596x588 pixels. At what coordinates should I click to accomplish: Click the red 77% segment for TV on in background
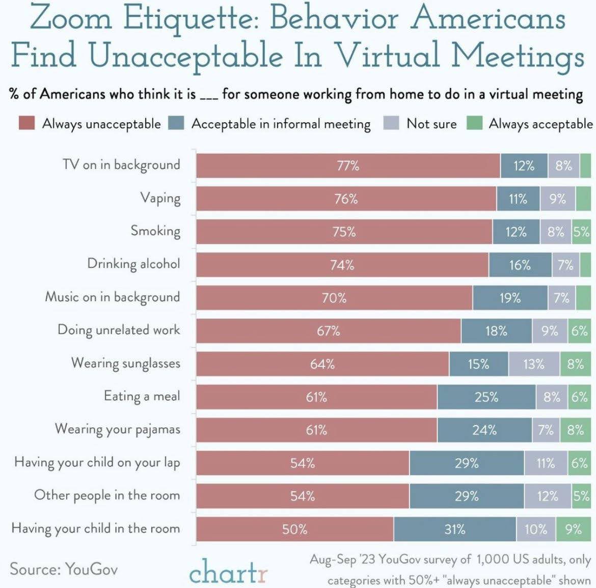coord(348,166)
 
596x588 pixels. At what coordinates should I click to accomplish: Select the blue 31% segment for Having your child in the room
coord(454,529)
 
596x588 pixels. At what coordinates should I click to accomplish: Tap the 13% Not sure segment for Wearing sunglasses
coord(533,364)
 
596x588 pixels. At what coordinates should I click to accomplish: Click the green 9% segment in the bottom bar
coord(573,529)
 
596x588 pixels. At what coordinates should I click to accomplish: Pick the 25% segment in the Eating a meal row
coord(486,397)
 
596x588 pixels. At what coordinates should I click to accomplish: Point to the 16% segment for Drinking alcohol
coord(520,265)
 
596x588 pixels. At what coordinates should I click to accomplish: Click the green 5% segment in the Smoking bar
coord(581,232)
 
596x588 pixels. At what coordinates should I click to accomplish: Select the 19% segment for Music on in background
coord(510,298)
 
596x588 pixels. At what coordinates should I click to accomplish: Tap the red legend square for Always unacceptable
coord(26,123)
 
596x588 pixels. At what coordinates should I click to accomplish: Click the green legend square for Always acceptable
coord(474,123)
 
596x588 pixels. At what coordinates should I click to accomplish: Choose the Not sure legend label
coord(431,124)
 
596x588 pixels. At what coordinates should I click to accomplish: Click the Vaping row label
coord(160,198)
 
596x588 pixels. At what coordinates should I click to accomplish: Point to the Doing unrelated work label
coord(119,330)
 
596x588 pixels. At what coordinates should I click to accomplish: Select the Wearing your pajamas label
coord(117,429)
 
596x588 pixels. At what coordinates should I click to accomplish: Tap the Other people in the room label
coord(106,495)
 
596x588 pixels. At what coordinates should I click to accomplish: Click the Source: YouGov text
coord(63,569)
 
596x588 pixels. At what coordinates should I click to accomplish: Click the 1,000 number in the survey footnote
coord(493,559)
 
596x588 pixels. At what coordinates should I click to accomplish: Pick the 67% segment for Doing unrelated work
coord(328,331)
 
